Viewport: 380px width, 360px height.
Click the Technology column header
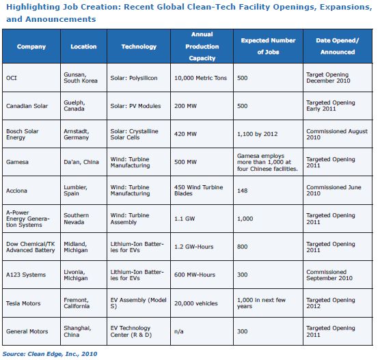pos(139,46)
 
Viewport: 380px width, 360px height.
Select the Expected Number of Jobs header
pos(268,46)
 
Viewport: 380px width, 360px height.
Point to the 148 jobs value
pos(243,191)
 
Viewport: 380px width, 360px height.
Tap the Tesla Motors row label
pos(23,303)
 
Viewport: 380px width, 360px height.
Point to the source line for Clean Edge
pos(50,354)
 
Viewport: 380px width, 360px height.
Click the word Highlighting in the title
pos(33,8)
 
